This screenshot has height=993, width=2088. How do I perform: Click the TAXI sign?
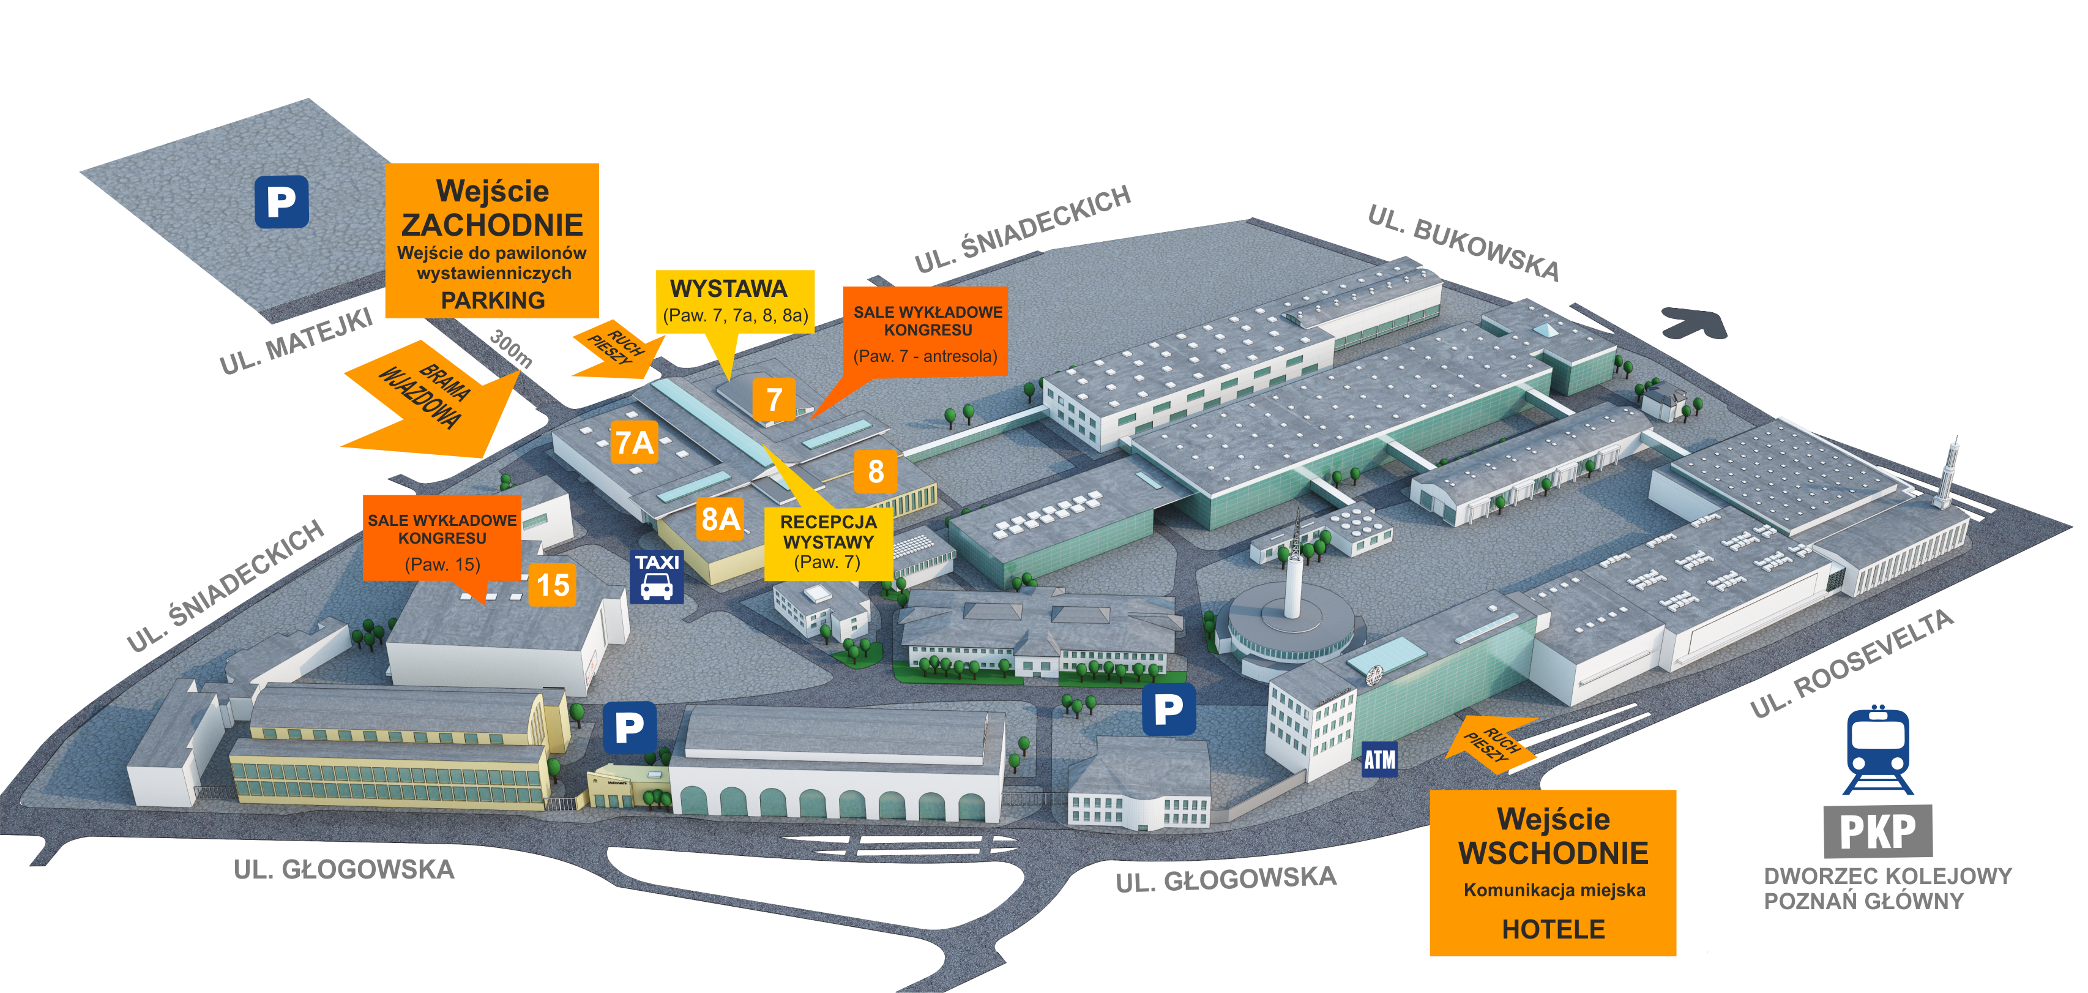[657, 576]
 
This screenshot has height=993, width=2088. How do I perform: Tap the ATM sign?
[1379, 760]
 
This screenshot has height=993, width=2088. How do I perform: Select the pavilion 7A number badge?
[634, 443]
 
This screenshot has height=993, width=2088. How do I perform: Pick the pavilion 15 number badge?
[552, 585]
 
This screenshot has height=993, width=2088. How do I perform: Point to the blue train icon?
[1878, 750]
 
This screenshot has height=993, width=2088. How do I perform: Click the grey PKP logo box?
[1878, 831]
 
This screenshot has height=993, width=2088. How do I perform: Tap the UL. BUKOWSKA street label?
[1463, 242]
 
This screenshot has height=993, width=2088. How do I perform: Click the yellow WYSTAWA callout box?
[734, 302]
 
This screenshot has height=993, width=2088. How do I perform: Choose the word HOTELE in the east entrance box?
[1553, 929]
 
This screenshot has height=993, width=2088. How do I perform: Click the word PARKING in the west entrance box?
[493, 300]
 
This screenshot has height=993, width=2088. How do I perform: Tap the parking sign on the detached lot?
[282, 202]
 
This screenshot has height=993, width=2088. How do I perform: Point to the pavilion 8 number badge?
[875, 471]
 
